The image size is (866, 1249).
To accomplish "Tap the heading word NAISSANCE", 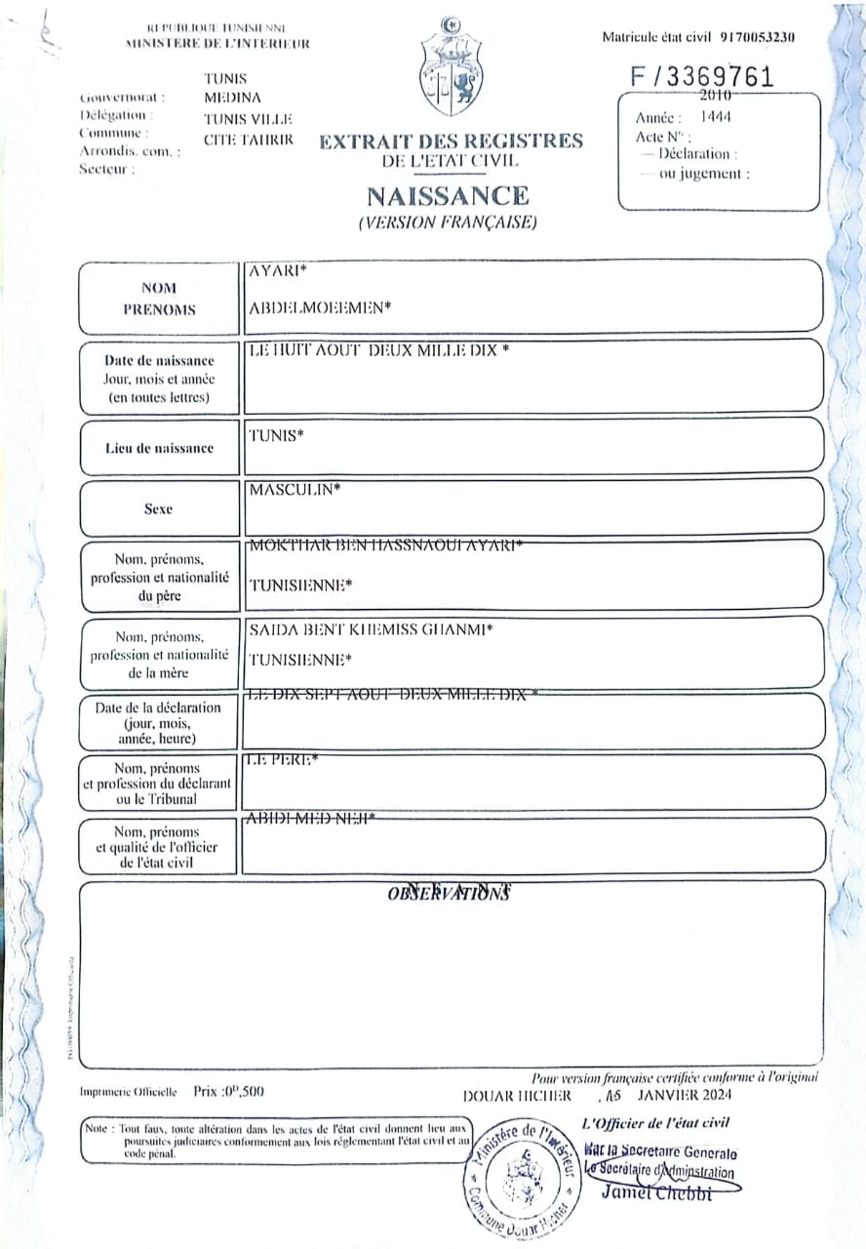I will pos(448,196).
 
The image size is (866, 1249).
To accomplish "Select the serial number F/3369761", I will pos(702,77).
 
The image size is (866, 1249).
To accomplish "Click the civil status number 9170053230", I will pos(758,37).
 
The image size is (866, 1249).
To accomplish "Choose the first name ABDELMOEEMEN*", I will pos(320,308).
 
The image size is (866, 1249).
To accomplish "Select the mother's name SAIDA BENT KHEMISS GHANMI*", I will pos(371,629).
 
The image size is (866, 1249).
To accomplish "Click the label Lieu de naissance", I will pos(159,448).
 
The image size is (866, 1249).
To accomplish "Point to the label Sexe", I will pos(158,508).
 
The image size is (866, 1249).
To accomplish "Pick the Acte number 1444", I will pos(722,117).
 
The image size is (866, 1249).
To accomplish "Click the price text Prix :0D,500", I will pos(228,1092).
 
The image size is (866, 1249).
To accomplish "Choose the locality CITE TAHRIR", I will pos(248,140).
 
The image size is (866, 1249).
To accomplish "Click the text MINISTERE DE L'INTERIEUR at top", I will pos(217,44).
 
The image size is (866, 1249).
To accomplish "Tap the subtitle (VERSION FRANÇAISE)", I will pos(448,222).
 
